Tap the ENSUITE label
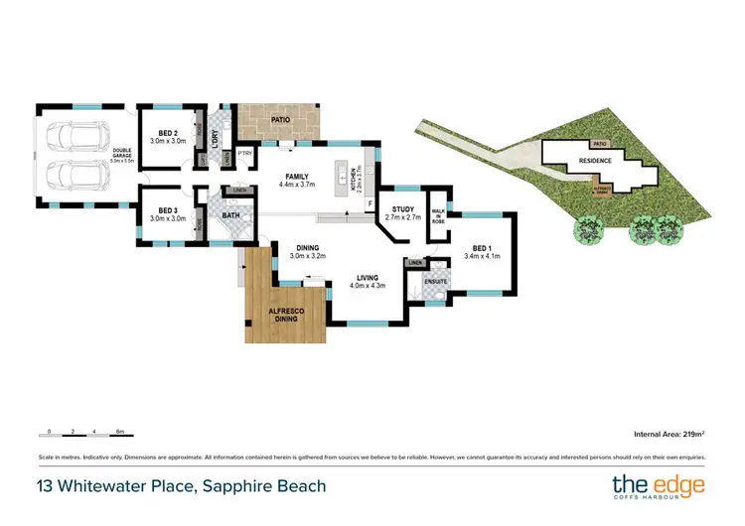click(x=436, y=282)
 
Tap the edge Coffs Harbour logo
click(x=658, y=486)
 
